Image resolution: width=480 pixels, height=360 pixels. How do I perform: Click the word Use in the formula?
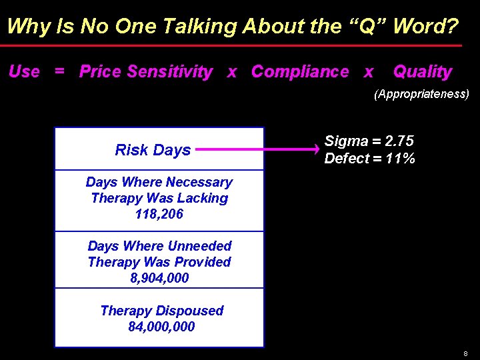pos(24,72)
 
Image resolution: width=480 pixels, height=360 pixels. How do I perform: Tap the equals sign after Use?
pos(60,72)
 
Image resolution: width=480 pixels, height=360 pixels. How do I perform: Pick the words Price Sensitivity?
pos(146,72)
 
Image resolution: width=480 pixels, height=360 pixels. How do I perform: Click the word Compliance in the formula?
pos(299,72)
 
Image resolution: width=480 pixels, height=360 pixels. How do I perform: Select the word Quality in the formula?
pos(422,72)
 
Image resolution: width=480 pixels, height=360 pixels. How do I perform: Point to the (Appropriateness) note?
pos(421,94)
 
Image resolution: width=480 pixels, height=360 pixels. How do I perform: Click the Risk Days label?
pos(153,150)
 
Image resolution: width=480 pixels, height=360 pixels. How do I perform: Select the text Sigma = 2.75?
pos(369,141)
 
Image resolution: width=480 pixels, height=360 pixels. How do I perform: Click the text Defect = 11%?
pos(369,159)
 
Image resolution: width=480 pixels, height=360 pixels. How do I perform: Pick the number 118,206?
pos(159,215)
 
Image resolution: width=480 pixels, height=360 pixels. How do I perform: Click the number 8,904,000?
pos(159,278)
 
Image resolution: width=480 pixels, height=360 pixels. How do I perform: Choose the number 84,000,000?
pos(161,327)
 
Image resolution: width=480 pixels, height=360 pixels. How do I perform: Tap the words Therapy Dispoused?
pos(161,311)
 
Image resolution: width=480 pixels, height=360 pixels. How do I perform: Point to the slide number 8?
pos(465,353)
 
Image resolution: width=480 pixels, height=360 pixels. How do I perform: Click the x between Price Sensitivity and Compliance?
pos(231,72)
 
